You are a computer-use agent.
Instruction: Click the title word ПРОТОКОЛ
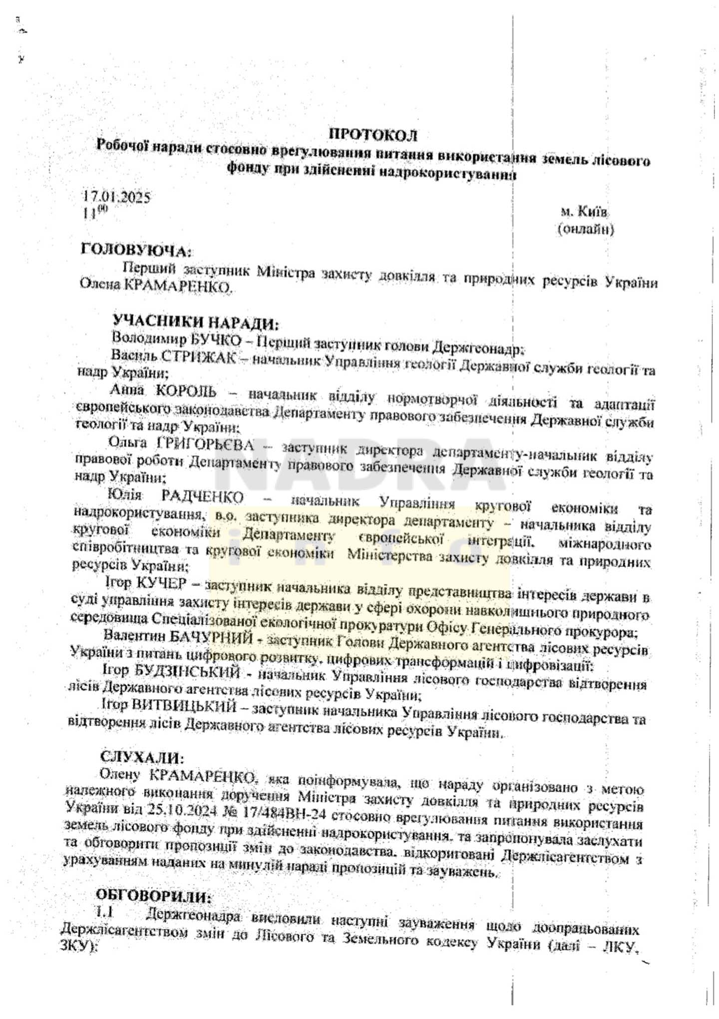372,134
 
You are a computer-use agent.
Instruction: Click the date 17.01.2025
116,197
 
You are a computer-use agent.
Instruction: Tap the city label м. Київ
584,212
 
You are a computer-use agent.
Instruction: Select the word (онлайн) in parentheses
585,229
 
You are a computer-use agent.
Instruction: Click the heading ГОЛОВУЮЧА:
135,250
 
